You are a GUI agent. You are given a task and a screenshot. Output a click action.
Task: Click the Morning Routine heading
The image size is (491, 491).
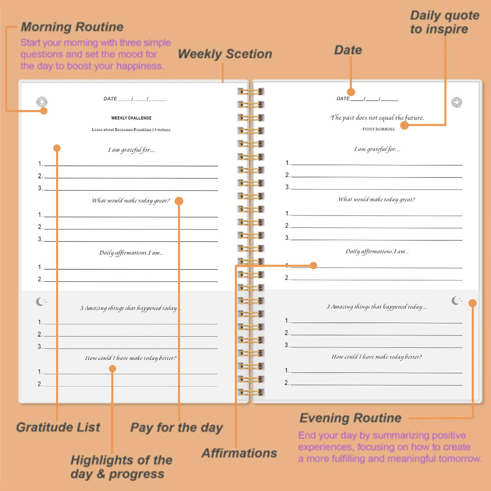pos(72,27)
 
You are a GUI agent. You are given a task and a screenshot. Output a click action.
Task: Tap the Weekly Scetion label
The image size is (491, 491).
pos(225,54)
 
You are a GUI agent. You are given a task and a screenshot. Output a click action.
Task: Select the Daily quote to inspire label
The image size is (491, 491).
pos(444,22)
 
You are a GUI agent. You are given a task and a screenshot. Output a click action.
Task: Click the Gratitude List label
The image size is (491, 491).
pos(58,427)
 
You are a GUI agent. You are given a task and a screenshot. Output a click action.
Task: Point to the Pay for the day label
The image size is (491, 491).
pos(176,428)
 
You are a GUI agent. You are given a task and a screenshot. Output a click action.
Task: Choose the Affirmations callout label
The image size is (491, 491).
pos(239,453)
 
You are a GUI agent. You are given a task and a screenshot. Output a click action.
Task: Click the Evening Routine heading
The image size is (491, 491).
pos(350,418)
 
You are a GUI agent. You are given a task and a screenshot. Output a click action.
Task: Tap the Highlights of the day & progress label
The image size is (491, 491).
pos(121,467)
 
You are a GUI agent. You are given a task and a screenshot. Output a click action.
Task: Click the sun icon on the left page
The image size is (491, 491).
pos(42,102)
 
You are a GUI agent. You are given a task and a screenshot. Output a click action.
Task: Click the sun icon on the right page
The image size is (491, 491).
pos(457,102)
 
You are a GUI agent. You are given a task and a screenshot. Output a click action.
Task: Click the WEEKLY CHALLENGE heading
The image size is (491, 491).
pos(131,118)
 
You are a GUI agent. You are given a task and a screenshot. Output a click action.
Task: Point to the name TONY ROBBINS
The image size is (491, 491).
pos(378,129)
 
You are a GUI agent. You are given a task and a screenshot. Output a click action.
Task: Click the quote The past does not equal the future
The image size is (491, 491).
pos(377,118)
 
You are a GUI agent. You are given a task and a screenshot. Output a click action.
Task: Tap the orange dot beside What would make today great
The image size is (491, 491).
pos(179,201)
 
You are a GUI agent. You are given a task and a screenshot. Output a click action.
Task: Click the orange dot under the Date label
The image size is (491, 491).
pos(351,92)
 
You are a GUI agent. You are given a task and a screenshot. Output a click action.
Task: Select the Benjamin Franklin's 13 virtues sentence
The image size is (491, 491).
pos(131,130)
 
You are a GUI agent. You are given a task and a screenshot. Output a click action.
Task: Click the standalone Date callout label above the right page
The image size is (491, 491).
pos(348,50)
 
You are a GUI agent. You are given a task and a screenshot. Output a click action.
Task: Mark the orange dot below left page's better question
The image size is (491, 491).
pos(113,369)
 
